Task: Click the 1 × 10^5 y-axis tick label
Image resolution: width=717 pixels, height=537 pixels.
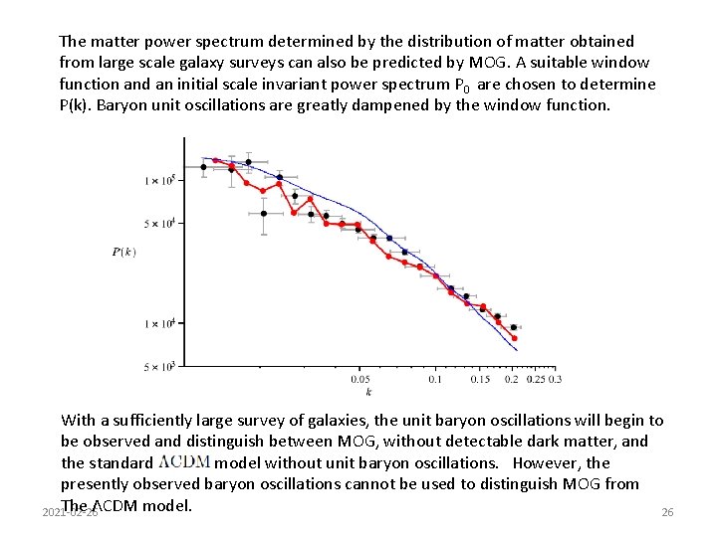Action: coord(159,180)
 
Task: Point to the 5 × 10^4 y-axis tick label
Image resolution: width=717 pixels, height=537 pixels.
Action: coord(159,223)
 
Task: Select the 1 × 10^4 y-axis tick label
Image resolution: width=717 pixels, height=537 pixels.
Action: coord(159,323)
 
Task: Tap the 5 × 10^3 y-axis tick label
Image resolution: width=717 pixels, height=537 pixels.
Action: coord(159,367)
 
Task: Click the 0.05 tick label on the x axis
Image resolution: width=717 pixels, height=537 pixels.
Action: coord(360,379)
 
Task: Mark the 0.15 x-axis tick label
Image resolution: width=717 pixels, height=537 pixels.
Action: coord(480,379)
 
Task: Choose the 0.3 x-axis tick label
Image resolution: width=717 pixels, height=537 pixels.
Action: coord(555,379)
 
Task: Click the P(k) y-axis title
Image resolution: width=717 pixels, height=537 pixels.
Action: coord(124,252)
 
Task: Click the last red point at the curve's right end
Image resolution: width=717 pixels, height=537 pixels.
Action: coord(515,339)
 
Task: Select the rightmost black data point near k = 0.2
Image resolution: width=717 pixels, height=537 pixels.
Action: coord(513,327)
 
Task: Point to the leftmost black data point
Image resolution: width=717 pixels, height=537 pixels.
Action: coord(204,167)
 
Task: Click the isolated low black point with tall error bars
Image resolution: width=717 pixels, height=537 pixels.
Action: coord(264,213)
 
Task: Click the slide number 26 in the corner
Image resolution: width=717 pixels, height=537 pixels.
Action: coord(667,512)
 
